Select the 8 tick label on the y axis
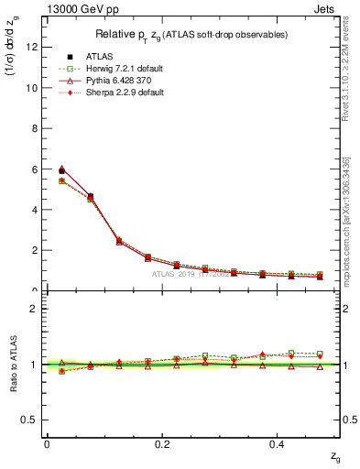[x=34, y=129]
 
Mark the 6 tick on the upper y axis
[x=34, y=169]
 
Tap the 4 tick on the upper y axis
[x=34, y=210]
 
